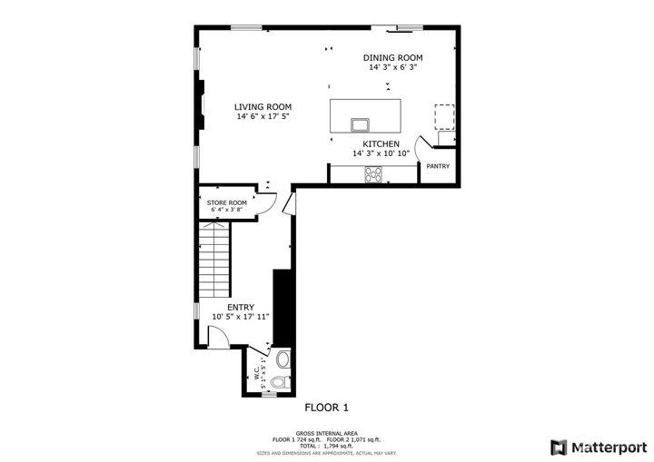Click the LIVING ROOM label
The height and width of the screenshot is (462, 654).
point(263,106)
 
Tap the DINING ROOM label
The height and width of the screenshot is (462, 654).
point(393,57)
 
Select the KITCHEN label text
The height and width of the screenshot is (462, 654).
point(381,144)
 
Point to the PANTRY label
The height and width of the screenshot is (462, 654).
point(438,166)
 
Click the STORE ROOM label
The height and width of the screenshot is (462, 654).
point(226,202)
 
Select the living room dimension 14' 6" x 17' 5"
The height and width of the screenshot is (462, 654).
point(263,117)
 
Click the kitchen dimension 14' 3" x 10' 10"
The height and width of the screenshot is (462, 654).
point(381,154)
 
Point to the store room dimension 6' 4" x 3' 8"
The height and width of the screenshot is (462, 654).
point(226,211)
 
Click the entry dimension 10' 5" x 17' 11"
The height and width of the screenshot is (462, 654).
point(241,317)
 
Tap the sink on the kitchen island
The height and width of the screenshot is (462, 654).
point(361,123)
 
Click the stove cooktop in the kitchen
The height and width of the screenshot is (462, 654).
point(373,172)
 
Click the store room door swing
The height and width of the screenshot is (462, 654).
point(266,202)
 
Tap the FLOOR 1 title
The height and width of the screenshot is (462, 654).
point(326,408)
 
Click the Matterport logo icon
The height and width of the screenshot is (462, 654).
point(558,447)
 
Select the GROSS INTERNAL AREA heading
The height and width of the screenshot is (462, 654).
point(325,433)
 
